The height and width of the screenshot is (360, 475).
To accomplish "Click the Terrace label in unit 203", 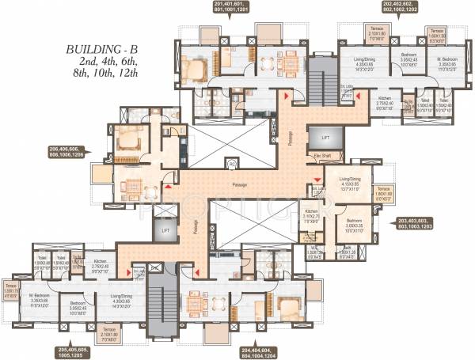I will pos(384,189).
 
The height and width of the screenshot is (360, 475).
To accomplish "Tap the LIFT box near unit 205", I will pos(165,231).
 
